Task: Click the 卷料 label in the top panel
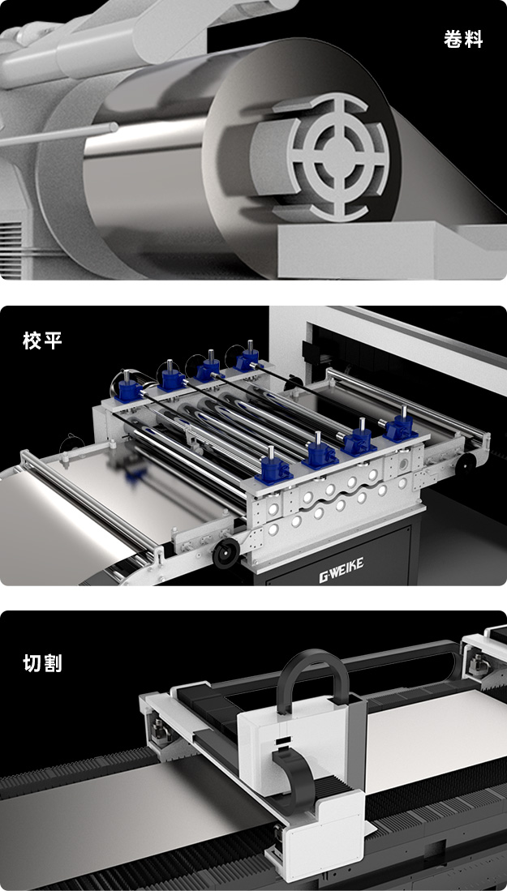tap(463, 39)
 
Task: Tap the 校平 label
tap(43, 341)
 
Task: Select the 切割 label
tap(43, 662)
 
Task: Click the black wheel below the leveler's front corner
tap(226, 554)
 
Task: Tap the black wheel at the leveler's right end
tap(466, 465)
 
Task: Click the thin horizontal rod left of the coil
tap(57, 135)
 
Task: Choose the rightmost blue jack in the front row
tap(400, 427)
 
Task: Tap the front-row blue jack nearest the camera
tap(273, 469)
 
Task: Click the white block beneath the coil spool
tap(392, 249)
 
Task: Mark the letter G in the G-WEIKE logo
tap(324, 577)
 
